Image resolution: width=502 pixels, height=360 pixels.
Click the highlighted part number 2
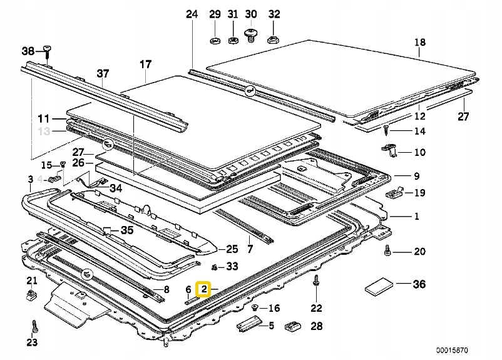tap(204, 289)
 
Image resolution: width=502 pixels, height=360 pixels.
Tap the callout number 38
tap(29, 51)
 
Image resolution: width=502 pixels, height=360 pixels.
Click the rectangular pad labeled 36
tap(379, 286)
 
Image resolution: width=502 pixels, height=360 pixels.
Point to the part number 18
tap(419, 43)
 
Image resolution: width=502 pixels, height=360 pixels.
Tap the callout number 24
tap(192, 13)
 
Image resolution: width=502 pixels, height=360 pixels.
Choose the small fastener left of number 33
tap(214, 267)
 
